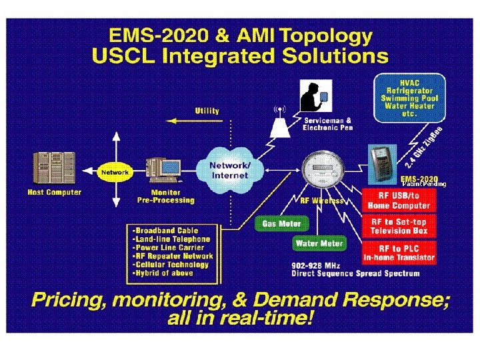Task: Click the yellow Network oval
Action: pos(114,172)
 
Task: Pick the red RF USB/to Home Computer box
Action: pos(399,200)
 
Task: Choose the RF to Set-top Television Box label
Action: pos(399,226)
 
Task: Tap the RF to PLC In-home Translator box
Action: pos(399,252)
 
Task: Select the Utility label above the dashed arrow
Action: pos(207,111)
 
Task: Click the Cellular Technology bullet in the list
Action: pos(171,264)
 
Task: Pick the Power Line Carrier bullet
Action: pos(171,247)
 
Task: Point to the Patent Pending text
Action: pos(424,183)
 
